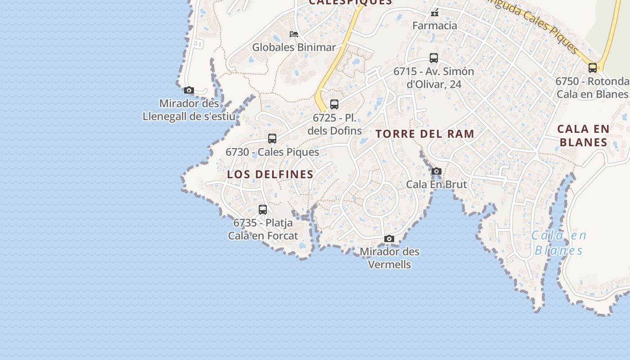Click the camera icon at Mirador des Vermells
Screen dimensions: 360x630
(389, 239)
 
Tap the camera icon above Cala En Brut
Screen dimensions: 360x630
(436, 171)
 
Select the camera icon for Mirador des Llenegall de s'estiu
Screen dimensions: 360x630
(189, 90)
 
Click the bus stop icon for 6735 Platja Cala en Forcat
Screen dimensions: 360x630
(263, 209)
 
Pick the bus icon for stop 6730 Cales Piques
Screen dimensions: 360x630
(272, 138)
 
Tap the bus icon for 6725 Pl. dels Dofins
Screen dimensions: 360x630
(334, 104)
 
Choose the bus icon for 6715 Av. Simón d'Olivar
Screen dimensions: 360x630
(434, 58)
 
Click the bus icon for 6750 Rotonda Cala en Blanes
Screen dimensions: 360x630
(593, 68)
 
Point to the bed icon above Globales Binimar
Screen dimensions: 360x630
(294, 34)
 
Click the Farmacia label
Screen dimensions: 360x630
(435, 26)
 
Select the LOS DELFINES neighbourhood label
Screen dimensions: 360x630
(270, 175)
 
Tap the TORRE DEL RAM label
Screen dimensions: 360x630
(425, 134)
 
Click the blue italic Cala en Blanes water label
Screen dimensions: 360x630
(559, 243)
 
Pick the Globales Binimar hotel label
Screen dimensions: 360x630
(294, 47)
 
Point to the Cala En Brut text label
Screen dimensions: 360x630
(436, 184)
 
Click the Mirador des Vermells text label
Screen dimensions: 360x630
(390, 258)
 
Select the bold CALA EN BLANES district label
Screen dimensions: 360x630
(583, 135)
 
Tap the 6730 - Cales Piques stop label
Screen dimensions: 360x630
(272, 152)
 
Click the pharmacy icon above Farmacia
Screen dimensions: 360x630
(434, 13)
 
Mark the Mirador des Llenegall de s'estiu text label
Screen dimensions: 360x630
(189, 110)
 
